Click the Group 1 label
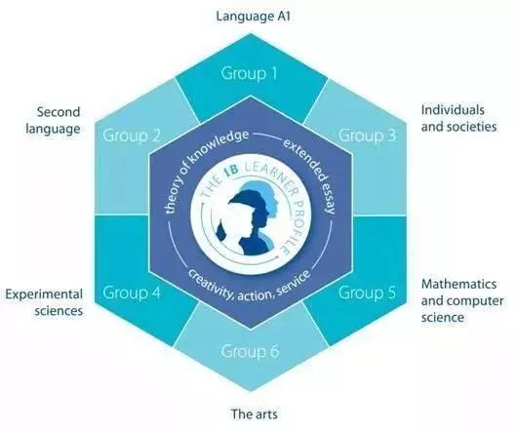tap(249, 73)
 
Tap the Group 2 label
tap(132, 136)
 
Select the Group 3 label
tap(368, 136)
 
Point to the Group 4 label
tap(132, 293)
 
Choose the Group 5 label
tap(368, 293)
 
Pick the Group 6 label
tap(250, 351)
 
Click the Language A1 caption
tap(254, 17)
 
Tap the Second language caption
tap(53, 120)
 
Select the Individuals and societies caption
tap(459, 118)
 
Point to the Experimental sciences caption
tap(44, 302)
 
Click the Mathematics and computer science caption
tap(462, 300)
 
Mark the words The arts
tap(254, 413)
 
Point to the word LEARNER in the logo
tap(269, 177)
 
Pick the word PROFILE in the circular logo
tap(293, 227)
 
